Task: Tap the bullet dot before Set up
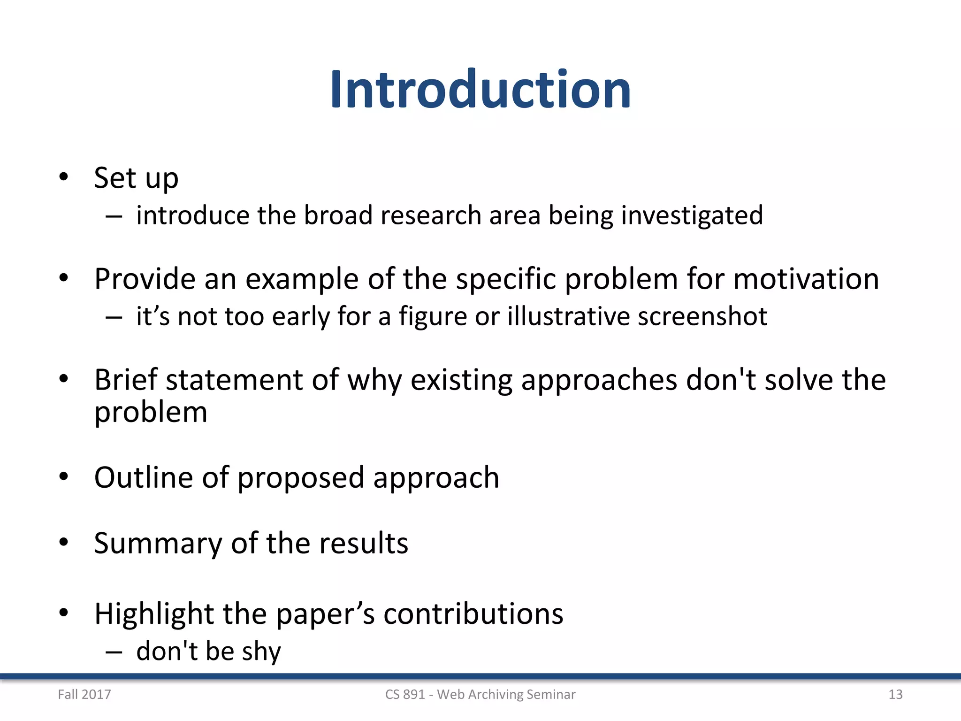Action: click(x=64, y=177)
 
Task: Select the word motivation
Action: click(x=806, y=279)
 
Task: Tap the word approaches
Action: click(x=599, y=380)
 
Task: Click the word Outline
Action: click(x=144, y=477)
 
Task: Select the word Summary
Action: click(x=158, y=544)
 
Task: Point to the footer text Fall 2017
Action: click(x=84, y=694)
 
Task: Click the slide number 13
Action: click(x=895, y=694)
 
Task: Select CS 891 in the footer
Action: click(x=404, y=694)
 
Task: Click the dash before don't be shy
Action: click(x=114, y=652)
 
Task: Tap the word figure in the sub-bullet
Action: click(x=433, y=317)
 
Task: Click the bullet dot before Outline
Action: click(x=64, y=477)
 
